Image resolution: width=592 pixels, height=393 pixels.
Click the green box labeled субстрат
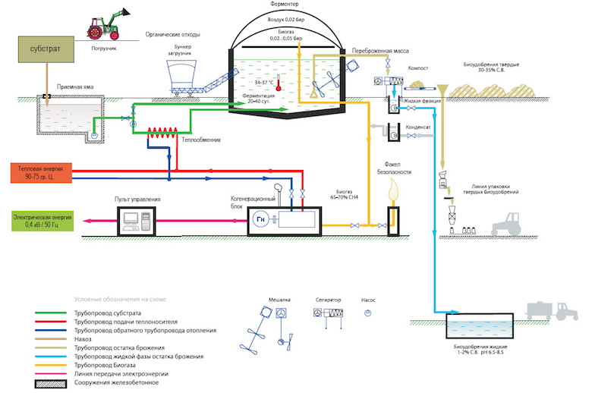tap(43, 49)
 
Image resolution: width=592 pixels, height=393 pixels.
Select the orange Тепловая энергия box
tap(40, 171)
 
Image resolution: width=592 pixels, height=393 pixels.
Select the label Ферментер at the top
tap(283, 5)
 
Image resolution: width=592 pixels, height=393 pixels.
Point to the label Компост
tap(420, 68)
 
